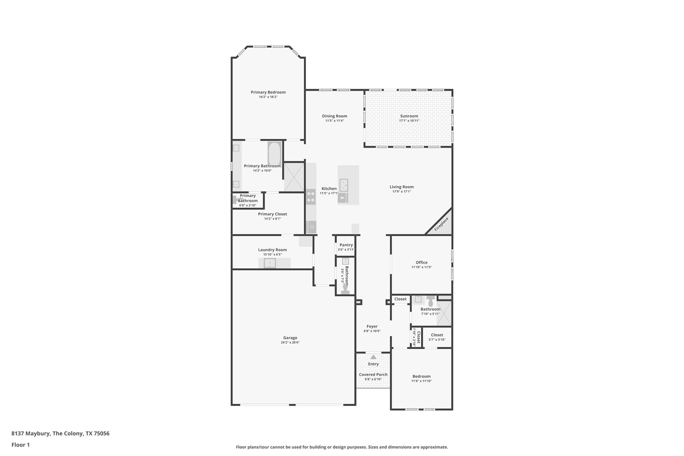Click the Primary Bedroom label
268,92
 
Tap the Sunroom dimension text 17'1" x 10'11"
409,121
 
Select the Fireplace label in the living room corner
441,224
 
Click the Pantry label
346,245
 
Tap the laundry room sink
270,263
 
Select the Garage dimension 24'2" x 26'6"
290,342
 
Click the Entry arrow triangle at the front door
373,357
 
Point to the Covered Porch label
373,374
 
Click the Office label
421,262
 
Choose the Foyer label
372,327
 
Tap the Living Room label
402,187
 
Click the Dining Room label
334,116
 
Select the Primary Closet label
272,214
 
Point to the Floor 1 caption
20,445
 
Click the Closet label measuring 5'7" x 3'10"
437,335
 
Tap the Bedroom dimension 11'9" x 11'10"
421,381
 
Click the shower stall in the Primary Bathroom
294,177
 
